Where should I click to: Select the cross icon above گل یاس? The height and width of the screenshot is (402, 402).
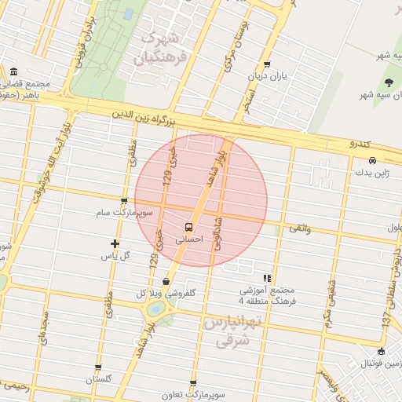point(115,243)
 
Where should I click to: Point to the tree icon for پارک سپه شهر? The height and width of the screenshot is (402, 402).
point(389,82)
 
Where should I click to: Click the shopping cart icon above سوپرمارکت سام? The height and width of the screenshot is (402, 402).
point(125,201)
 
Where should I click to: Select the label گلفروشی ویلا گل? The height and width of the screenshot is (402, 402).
point(165,293)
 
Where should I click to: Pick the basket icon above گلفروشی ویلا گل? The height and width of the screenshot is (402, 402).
point(166,281)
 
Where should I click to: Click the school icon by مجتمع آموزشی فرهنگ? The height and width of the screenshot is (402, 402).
point(268,278)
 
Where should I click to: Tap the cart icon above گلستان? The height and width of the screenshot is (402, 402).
point(98,367)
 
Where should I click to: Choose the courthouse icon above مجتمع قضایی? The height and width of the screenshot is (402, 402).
point(13,71)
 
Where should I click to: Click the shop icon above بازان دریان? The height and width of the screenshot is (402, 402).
point(268,65)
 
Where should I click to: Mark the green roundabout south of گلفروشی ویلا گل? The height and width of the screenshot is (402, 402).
point(156,309)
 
